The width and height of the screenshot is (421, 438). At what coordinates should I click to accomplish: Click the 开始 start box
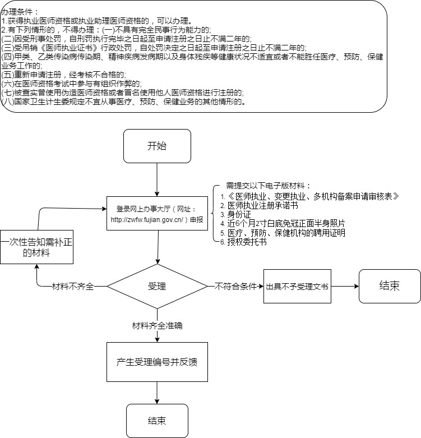(x=157, y=147)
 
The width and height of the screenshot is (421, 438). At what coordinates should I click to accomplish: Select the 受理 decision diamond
(x=157, y=286)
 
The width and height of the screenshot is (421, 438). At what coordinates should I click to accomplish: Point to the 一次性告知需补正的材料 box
(x=37, y=247)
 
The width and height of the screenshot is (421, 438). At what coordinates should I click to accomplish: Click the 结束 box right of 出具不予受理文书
(x=390, y=285)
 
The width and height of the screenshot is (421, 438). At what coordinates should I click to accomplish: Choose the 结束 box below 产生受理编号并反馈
(x=157, y=421)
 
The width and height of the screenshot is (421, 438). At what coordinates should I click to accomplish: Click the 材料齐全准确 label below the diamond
(x=157, y=325)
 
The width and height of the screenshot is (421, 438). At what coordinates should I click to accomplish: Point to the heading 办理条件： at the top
(x=20, y=12)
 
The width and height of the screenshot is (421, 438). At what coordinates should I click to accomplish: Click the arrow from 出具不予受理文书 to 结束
(x=344, y=286)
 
